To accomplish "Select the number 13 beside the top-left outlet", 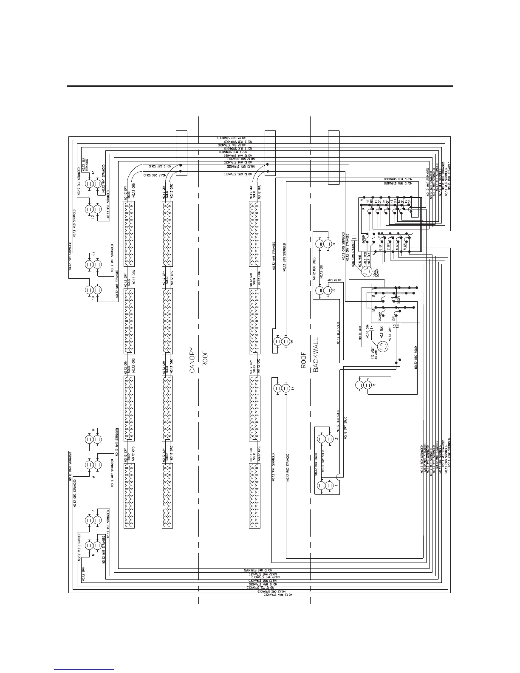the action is [93, 173].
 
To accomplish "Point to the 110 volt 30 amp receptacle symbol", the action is [382, 346].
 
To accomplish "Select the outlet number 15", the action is [293, 341].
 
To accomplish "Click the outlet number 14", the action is [293, 387].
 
